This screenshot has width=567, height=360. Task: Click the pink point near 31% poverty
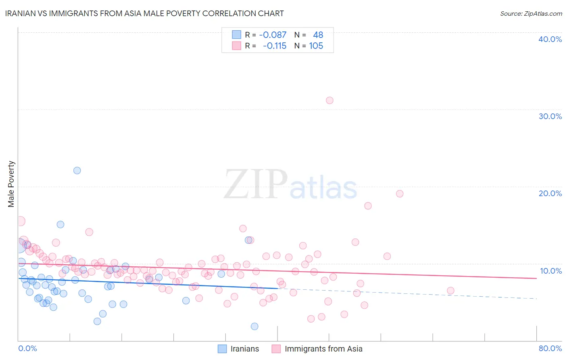(x=329, y=100)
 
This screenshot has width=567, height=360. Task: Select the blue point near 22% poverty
(x=77, y=170)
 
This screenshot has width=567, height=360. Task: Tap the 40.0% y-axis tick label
(x=550, y=39)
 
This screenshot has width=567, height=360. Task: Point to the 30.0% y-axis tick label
(x=550, y=116)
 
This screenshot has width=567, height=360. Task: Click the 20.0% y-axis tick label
(x=550, y=193)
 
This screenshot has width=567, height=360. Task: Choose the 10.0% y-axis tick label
(x=550, y=271)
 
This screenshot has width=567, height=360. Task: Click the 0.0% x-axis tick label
(x=27, y=348)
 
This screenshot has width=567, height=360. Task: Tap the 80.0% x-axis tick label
(x=550, y=348)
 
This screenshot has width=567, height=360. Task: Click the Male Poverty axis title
(x=11, y=184)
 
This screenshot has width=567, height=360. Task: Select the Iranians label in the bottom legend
(x=244, y=349)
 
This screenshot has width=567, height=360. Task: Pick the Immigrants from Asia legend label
(x=323, y=349)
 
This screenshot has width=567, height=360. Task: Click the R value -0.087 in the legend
(x=273, y=35)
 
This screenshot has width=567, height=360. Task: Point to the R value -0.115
(x=274, y=46)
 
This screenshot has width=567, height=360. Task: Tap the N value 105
(x=316, y=46)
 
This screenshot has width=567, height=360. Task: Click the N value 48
(x=318, y=35)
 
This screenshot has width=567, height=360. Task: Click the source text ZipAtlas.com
(x=531, y=14)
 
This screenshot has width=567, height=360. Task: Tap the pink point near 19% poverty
(x=400, y=194)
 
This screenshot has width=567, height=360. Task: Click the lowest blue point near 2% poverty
(x=254, y=327)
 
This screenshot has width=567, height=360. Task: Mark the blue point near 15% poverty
(x=60, y=224)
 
